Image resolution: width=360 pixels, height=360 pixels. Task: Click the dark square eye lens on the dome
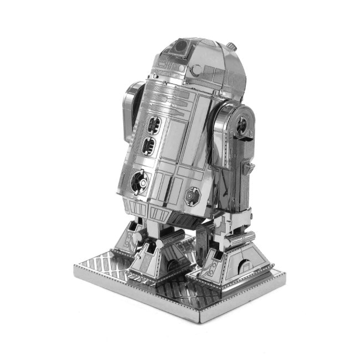179,49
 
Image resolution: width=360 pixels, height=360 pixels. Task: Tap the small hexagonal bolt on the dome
196,69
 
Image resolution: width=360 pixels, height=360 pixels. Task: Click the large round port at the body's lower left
139,182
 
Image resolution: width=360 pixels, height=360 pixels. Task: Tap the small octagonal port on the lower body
193,195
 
